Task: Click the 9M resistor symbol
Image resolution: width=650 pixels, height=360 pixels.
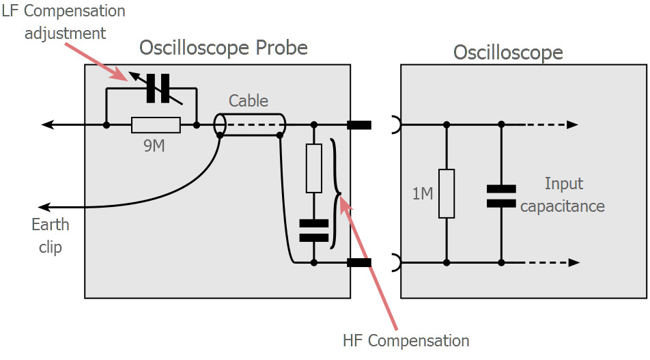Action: pos(156,125)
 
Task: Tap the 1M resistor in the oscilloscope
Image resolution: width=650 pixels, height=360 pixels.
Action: pos(447,193)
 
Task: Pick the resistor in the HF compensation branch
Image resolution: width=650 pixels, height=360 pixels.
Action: pos(314,168)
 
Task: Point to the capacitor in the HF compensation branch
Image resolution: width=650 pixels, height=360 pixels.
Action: pos(314,230)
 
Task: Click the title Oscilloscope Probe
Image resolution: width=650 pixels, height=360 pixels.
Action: pos(223,48)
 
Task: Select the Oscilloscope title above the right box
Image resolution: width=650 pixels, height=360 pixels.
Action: pos(508,53)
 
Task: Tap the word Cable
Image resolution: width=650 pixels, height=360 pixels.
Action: pos(249,101)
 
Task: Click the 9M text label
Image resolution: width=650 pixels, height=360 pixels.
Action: pos(154,146)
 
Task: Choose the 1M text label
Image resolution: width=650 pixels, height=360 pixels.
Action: pos(423,193)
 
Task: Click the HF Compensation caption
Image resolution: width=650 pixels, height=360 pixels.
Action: pos(406,341)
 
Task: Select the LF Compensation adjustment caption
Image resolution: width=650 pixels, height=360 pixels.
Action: pos(63,22)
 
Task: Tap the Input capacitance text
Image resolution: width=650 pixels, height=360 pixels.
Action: pos(563,195)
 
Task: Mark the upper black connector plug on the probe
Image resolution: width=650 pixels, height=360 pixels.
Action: pos(359,125)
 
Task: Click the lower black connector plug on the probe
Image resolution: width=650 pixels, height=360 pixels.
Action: pos(359,262)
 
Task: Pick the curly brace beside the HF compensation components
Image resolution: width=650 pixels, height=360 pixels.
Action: pos(335,194)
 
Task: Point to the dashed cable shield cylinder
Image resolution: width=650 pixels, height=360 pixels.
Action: pos(250,125)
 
